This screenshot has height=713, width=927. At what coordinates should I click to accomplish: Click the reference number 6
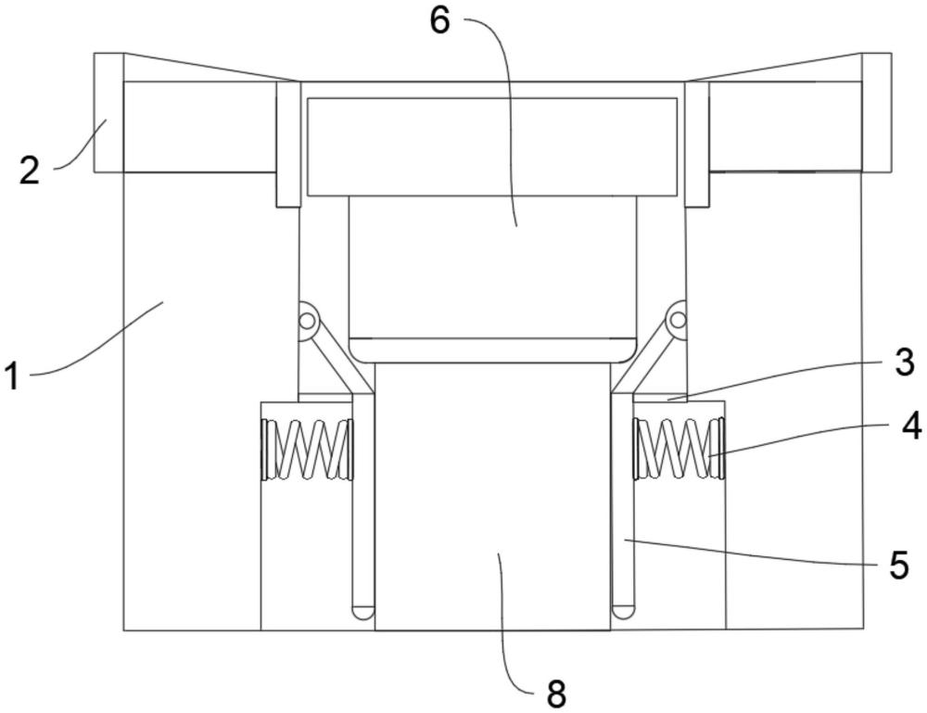click(438, 20)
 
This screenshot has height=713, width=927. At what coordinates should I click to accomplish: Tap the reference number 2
click(30, 171)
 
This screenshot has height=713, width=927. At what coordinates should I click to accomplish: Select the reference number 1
click(12, 376)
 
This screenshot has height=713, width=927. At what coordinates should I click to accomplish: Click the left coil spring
click(308, 450)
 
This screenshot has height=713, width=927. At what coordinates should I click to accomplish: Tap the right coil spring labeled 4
click(678, 449)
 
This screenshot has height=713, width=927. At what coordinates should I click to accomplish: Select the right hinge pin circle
click(678, 320)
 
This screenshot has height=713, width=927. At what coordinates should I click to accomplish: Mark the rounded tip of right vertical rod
click(623, 611)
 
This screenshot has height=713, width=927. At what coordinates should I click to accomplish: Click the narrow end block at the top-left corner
click(108, 112)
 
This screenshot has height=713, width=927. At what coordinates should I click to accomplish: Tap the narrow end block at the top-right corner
click(876, 112)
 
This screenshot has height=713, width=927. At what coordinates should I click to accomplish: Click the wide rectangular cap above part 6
click(491, 146)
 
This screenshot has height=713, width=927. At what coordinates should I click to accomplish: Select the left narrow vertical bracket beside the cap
click(287, 144)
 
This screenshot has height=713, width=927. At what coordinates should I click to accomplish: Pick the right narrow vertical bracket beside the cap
click(697, 144)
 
